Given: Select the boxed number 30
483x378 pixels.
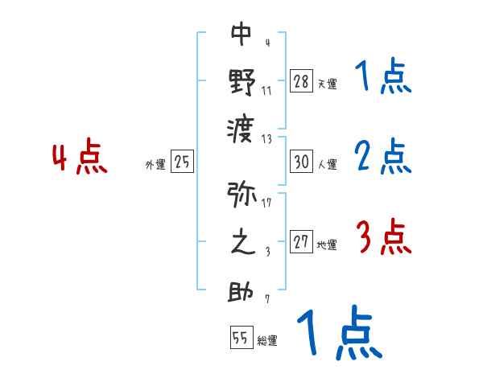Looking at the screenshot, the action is [x=302, y=162].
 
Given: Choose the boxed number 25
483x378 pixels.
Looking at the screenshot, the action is [x=183, y=162].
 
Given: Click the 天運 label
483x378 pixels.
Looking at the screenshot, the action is [x=327, y=84].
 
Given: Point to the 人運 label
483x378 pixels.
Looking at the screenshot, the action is [x=327, y=165].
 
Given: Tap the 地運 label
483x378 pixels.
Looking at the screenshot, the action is [x=327, y=245].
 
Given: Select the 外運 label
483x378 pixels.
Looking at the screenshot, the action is [x=155, y=165].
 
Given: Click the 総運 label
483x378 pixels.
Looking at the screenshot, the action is [x=267, y=340].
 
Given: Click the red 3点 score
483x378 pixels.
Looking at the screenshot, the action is [x=383, y=237].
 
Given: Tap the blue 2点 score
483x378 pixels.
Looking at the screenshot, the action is [x=383, y=156].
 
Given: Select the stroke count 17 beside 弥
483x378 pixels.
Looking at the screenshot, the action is [x=266, y=202].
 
